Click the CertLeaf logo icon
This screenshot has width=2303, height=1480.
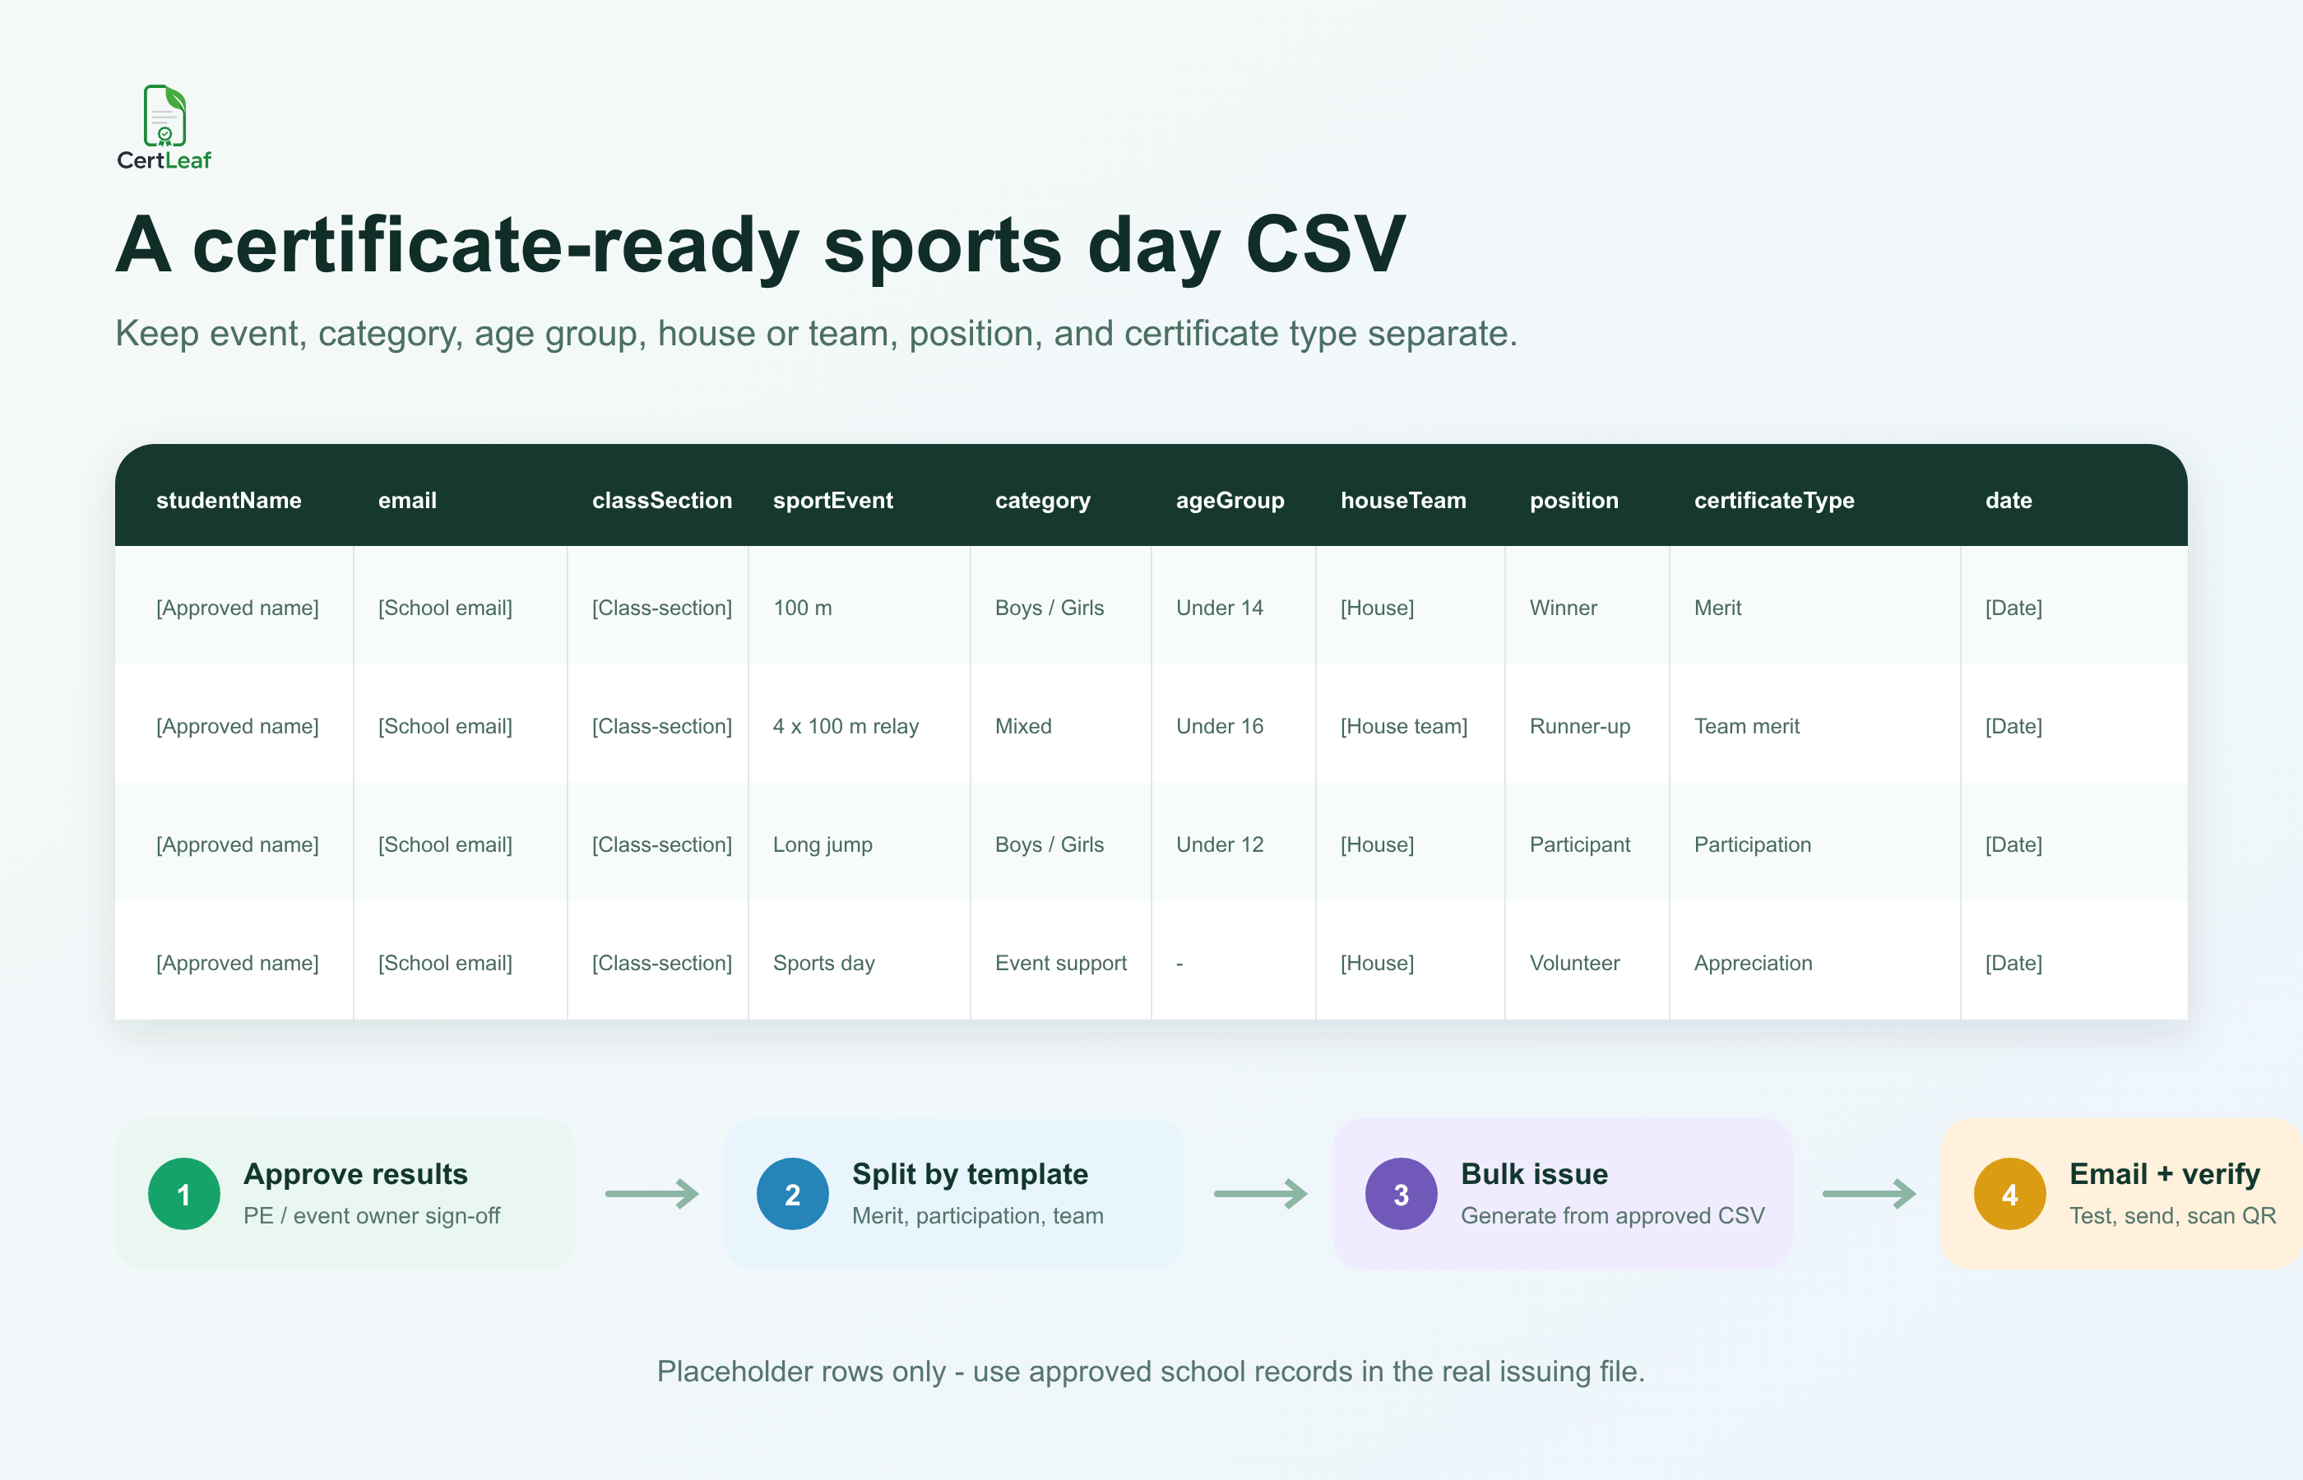164,115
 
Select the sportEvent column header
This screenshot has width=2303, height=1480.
832,500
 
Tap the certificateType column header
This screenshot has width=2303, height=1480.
1773,501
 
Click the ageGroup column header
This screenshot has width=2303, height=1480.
1230,501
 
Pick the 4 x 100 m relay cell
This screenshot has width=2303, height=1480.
845,727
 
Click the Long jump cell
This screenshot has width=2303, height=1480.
822,844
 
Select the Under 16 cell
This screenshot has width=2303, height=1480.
1219,727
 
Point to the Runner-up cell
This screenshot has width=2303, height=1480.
1579,727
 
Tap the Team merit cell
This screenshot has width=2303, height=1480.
1745,727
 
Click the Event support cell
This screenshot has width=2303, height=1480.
1060,963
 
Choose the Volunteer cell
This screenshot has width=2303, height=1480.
1573,963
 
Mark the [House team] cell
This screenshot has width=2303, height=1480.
1403,727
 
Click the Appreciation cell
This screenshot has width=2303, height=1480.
1752,963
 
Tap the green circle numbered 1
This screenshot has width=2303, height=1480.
183,1194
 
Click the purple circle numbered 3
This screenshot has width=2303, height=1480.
1401,1194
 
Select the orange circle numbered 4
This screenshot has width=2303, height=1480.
2009,1194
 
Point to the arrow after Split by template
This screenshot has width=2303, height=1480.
1260,1194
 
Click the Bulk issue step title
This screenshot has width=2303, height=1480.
1534,1173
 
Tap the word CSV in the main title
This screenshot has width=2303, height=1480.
1326,244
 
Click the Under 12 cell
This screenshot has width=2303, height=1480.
1219,844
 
